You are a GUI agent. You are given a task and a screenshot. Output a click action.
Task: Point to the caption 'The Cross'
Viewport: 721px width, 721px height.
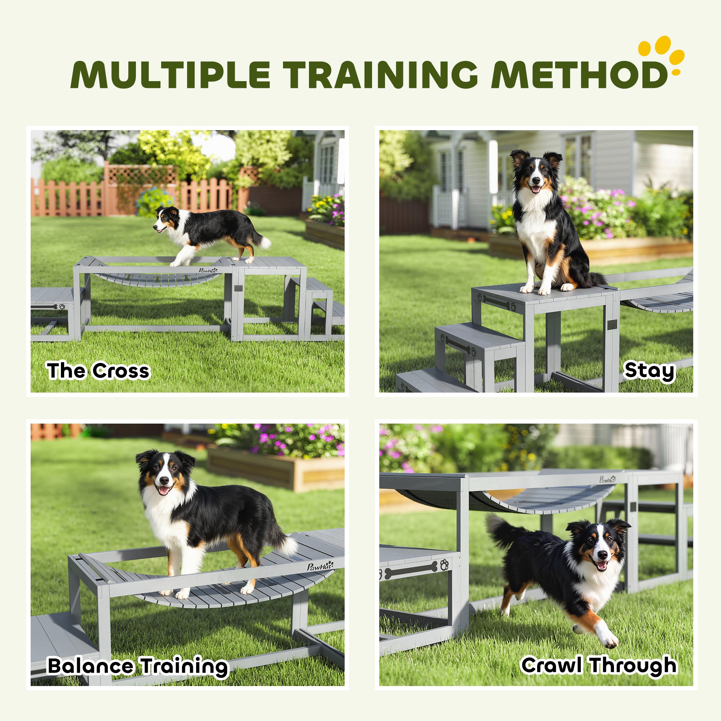pyautogui.click(x=98, y=371)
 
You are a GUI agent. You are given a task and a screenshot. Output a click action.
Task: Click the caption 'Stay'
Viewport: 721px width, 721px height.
pyautogui.click(x=650, y=371)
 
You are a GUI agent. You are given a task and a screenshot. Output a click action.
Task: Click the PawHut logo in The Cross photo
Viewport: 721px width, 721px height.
pyautogui.click(x=208, y=270)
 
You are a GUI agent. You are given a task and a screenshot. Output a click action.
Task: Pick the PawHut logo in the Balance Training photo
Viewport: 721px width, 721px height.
pyautogui.click(x=320, y=566)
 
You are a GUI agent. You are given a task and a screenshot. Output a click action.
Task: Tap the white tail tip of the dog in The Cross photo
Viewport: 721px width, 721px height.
pyautogui.click(x=265, y=243)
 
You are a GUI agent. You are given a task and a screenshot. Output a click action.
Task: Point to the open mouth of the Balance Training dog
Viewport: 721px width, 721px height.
pyautogui.click(x=164, y=490)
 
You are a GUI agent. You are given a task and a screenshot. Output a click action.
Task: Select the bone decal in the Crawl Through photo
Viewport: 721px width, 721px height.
pyautogui.click(x=411, y=570)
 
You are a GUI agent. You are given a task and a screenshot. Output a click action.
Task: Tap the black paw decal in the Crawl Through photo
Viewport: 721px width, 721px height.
pyautogui.click(x=444, y=564)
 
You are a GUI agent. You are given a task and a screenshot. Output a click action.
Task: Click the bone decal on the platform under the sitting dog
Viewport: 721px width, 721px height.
pyautogui.click(x=496, y=301)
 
